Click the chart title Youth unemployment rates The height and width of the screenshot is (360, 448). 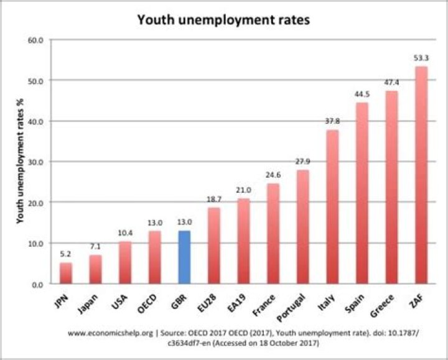click(x=223, y=20)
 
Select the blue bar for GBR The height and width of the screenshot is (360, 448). click(x=184, y=257)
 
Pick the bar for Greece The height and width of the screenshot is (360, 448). click(x=391, y=187)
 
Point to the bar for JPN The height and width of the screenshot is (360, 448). click(x=66, y=273)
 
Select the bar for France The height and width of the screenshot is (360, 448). click(x=273, y=233)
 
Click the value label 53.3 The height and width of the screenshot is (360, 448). click(x=421, y=58)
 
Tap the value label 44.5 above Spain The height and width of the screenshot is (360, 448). click(x=362, y=95)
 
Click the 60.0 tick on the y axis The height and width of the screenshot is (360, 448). click(x=36, y=40)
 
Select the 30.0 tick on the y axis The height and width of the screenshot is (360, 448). click(x=36, y=162)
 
